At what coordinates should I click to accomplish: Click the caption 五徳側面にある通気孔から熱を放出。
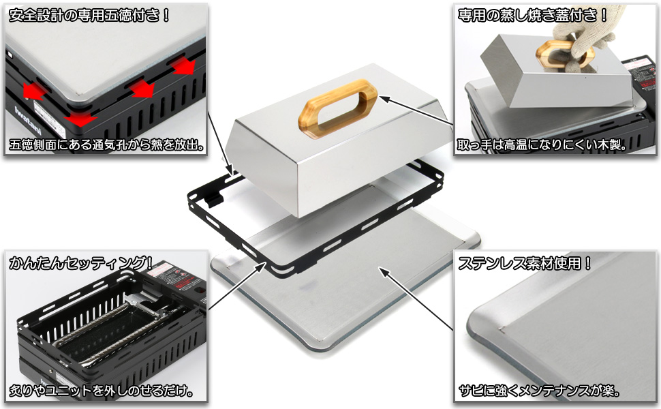tap(107, 145)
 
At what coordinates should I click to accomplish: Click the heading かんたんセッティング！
tap(80, 263)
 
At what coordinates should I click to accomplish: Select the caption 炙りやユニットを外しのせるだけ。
tap(101, 391)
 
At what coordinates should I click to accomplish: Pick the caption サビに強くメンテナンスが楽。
tap(539, 391)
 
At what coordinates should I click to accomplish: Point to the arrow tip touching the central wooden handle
tap(380, 97)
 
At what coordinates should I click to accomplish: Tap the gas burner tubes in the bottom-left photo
tap(114, 333)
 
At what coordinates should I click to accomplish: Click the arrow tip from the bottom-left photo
tap(266, 262)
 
